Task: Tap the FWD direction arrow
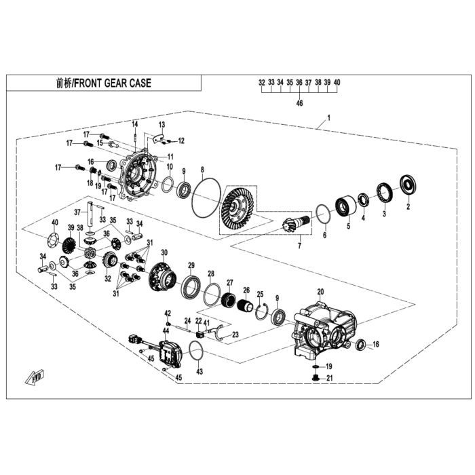coord(35,377)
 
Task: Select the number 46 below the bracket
coord(299,103)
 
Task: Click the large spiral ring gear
coord(238,207)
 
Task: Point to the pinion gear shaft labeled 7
coord(294,224)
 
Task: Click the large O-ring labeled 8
coord(206,197)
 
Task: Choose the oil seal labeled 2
coord(408,185)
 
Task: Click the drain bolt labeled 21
coord(316,378)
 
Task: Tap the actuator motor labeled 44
coord(170,354)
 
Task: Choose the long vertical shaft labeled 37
coord(90,214)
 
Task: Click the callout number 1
coord(329,117)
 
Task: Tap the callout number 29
coord(191,266)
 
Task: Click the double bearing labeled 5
coord(345,206)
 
